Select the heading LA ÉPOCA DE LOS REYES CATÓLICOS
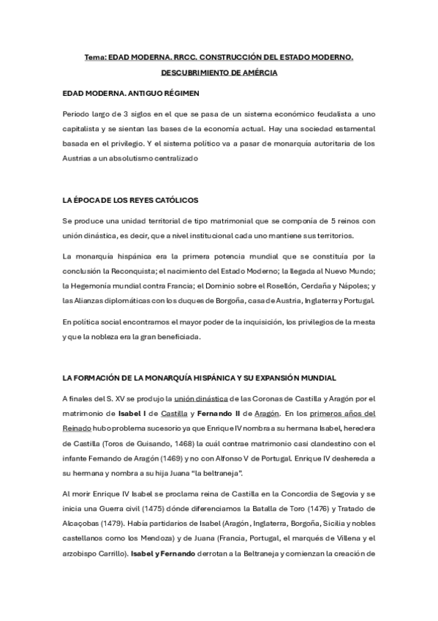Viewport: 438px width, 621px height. click(x=130, y=200)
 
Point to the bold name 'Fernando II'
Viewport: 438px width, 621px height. click(x=222, y=414)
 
